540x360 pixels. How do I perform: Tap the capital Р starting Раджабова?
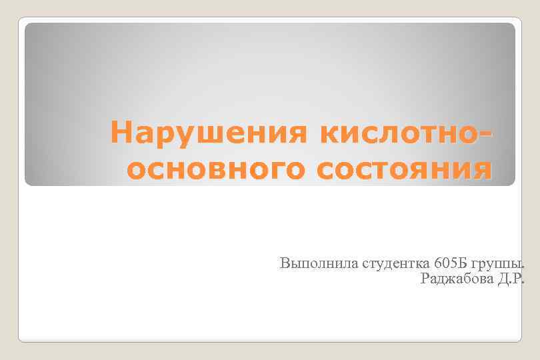(425, 278)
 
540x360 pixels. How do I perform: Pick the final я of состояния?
(483, 171)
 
